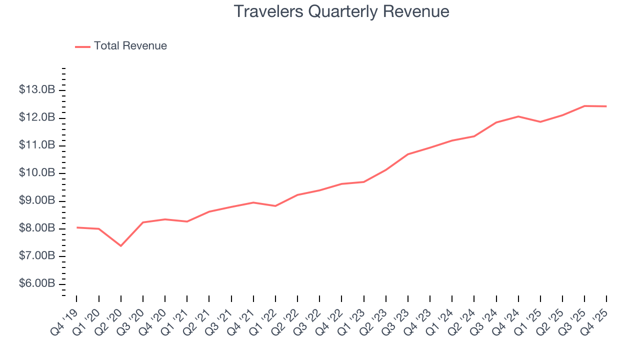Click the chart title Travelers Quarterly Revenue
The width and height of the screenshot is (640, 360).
click(341, 11)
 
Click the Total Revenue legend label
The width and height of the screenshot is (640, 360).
click(130, 46)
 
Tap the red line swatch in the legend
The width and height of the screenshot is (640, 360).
click(82, 46)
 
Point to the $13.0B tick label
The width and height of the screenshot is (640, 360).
click(37, 90)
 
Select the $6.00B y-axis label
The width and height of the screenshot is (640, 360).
click(37, 283)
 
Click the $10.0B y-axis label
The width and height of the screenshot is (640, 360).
click(37, 173)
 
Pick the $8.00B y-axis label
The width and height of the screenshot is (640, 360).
click(37, 228)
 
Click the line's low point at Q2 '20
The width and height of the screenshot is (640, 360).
click(120, 245)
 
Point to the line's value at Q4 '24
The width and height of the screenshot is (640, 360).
click(518, 116)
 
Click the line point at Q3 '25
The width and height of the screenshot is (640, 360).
click(584, 106)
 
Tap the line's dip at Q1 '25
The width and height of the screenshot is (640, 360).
click(540, 122)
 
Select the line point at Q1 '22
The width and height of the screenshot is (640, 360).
click(275, 206)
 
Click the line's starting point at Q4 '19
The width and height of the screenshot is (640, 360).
click(76, 227)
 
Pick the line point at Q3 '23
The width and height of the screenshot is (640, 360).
click(407, 154)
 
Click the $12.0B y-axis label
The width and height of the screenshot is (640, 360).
click(37, 117)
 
